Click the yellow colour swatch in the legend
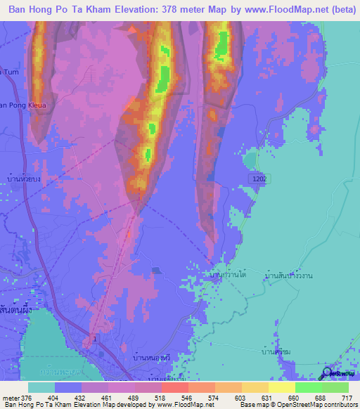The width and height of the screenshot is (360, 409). (x=281, y=387)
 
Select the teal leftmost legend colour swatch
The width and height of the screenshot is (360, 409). (x=41, y=387)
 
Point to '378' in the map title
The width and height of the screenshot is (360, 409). (x=164, y=11)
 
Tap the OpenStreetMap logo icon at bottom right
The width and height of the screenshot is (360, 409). (x=328, y=373)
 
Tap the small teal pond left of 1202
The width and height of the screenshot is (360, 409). (x=250, y=160)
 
